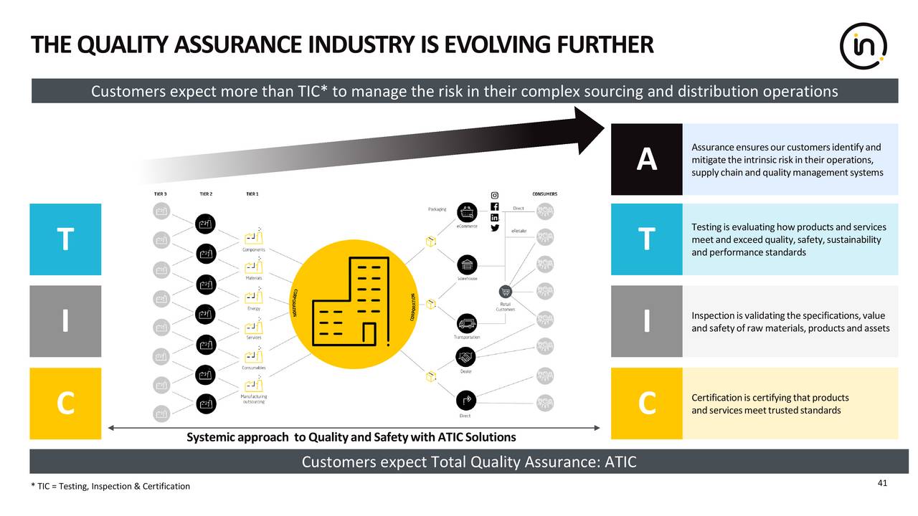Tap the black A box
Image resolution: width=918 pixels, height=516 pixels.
coord(646,159)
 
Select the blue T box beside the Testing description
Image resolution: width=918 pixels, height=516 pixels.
coord(646,239)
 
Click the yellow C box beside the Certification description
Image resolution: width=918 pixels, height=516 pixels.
coord(646,403)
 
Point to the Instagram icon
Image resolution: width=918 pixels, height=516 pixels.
coord(494,196)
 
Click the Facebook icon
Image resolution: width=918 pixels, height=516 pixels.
coord(494,206)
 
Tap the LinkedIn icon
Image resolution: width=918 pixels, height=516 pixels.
coord(494,217)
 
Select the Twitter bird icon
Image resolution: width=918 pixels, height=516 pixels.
coord(494,228)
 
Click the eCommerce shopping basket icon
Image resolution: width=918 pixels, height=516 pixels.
coord(467,212)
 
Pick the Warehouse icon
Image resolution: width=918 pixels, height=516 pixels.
coord(467,264)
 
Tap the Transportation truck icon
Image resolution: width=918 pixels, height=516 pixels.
coord(467,323)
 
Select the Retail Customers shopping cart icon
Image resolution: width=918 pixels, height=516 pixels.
coord(505,291)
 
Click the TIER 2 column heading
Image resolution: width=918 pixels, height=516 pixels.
coord(205,193)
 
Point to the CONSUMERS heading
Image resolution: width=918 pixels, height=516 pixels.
coord(544,193)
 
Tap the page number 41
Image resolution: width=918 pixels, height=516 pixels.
coord(882,483)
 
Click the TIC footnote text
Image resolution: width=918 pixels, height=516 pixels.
coord(110,487)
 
